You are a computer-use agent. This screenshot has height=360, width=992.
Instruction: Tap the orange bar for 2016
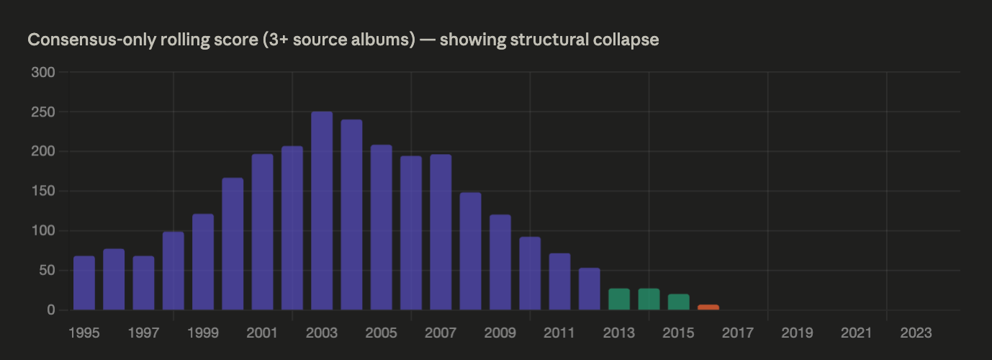coord(708,307)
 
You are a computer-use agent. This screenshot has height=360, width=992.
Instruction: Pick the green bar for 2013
coord(619,300)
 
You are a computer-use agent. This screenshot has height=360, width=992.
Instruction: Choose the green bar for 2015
coord(679,302)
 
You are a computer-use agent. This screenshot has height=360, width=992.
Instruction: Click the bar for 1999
coord(203,262)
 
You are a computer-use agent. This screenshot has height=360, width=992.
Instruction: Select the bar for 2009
coord(500,262)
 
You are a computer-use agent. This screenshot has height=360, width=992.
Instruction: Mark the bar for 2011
coord(559,282)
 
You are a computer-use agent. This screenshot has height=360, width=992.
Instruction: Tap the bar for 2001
coord(262,233)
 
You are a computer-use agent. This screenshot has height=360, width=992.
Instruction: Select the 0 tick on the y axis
coord(51,310)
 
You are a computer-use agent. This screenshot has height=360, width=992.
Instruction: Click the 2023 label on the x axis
coord(916,333)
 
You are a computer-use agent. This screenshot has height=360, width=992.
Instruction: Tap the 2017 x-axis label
coord(737,333)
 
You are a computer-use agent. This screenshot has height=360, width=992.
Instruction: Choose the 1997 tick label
coord(143,333)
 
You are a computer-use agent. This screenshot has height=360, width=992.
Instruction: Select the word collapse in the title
coord(628,40)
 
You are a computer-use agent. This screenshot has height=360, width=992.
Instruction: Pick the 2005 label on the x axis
coord(381,333)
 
